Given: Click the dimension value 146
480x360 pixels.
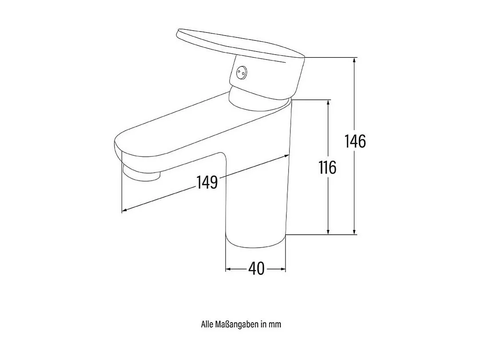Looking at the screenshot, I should click(355, 141).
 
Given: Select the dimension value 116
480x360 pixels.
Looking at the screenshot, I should click(327, 168).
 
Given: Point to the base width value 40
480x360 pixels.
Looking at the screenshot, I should click(256, 268).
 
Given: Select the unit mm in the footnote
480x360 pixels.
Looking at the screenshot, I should click(275, 324).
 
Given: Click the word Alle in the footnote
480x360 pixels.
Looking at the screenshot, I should click(207, 324).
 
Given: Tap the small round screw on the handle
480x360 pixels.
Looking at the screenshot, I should click(241, 72).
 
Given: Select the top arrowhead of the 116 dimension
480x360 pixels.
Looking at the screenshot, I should click(328, 103).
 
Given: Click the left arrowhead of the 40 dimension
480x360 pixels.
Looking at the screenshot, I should click(229, 269).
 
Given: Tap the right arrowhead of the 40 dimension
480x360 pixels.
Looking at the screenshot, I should click(283, 269).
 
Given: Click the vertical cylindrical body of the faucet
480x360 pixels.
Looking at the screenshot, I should click(256, 200).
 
